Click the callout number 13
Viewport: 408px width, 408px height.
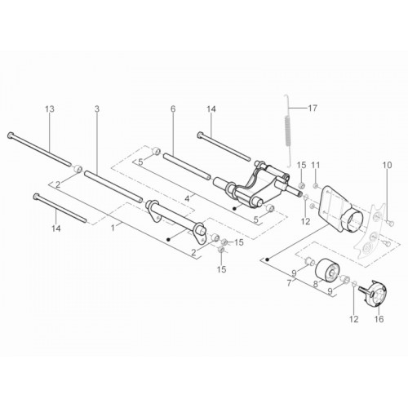(x=50, y=109)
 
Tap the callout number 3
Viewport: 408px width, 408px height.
(x=97, y=109)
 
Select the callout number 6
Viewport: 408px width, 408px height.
(x=173, y=109)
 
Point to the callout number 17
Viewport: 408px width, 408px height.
(x=313, y=109)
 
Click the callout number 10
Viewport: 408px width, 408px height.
(x=388, y=165)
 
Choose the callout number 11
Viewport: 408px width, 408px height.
(x=316, y=165)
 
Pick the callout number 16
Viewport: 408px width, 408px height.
(x=379, y=319)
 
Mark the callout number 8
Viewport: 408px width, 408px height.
(x=315, y=284)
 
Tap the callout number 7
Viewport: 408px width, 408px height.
(x=289, y=283)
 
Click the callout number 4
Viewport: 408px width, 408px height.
(x=187, y=199)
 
